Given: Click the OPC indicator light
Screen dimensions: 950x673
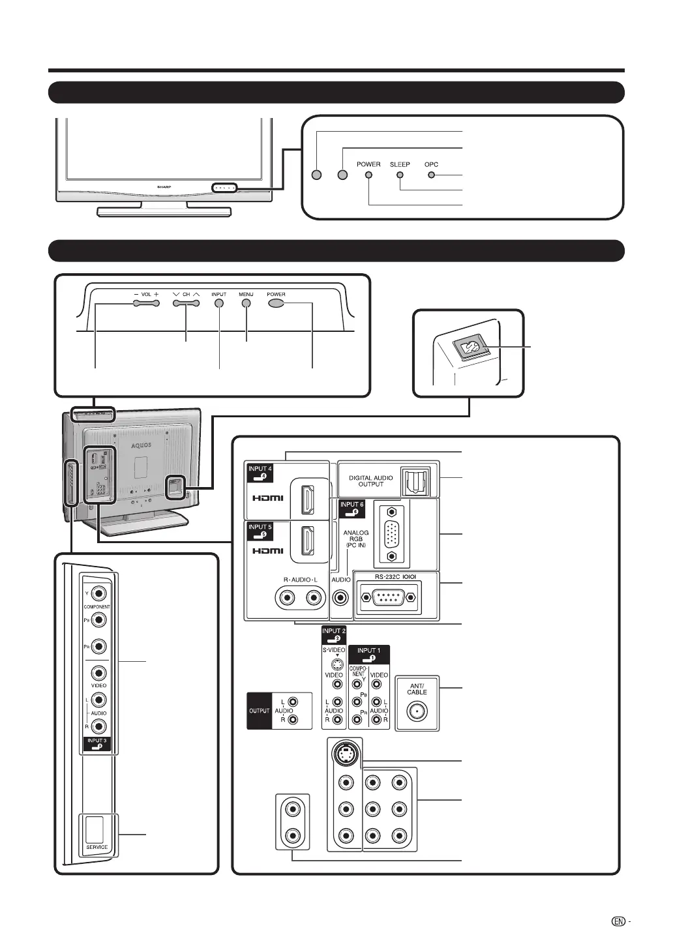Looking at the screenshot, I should pos(432,175).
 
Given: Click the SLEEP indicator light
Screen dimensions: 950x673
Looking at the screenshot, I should pos(399,175).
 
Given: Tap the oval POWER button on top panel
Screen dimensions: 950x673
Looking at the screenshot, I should pos(276,304).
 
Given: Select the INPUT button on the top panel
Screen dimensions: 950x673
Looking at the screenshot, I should pos(219,304).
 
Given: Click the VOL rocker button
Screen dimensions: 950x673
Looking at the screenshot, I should pos(147,304).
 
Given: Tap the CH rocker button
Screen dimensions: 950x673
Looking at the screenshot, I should pos(186,304).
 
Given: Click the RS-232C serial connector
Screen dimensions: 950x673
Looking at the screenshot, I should pos(387,597).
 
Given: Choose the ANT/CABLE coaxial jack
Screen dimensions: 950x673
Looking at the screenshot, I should pos(417,712).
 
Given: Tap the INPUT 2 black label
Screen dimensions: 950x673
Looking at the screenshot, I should pos(334,634).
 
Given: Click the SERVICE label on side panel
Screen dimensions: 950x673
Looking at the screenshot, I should pos(97,847).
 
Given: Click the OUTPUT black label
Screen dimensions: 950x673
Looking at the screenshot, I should pos(259,710).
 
